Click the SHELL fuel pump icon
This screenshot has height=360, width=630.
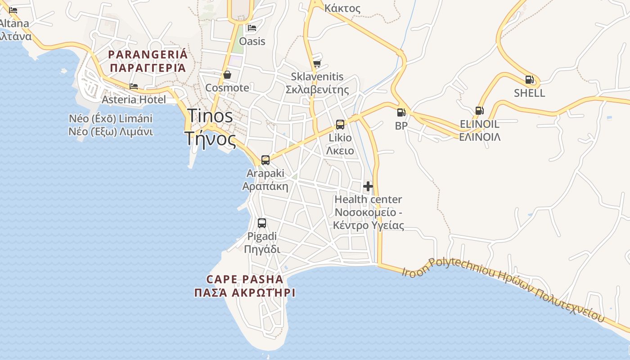(530, 80)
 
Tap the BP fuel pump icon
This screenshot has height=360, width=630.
(401, 112)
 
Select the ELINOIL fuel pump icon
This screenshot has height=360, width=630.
(479, 111)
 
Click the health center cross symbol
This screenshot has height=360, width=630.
(368, 186)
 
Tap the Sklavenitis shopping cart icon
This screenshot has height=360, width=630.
(317, 63)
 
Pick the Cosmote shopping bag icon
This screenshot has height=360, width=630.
(227, 74)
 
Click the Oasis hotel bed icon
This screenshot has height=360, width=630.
(252, 28)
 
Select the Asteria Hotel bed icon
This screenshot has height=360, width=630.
(134, 86)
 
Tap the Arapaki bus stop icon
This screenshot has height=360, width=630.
(265, 160)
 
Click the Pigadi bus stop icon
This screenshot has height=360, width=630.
(262, 223)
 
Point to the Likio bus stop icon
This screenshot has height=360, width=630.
(340, 124)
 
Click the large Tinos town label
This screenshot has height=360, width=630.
(210, 116)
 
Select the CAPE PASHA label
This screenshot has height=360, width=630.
(245, 279)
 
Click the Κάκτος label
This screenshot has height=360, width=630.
(342, 8)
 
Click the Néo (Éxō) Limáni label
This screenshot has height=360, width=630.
(111, 119)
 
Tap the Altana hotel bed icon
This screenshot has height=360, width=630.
(13, 10)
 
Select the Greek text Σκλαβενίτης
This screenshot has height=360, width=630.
(317, 90)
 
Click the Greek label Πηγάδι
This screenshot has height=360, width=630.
(262, 249)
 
